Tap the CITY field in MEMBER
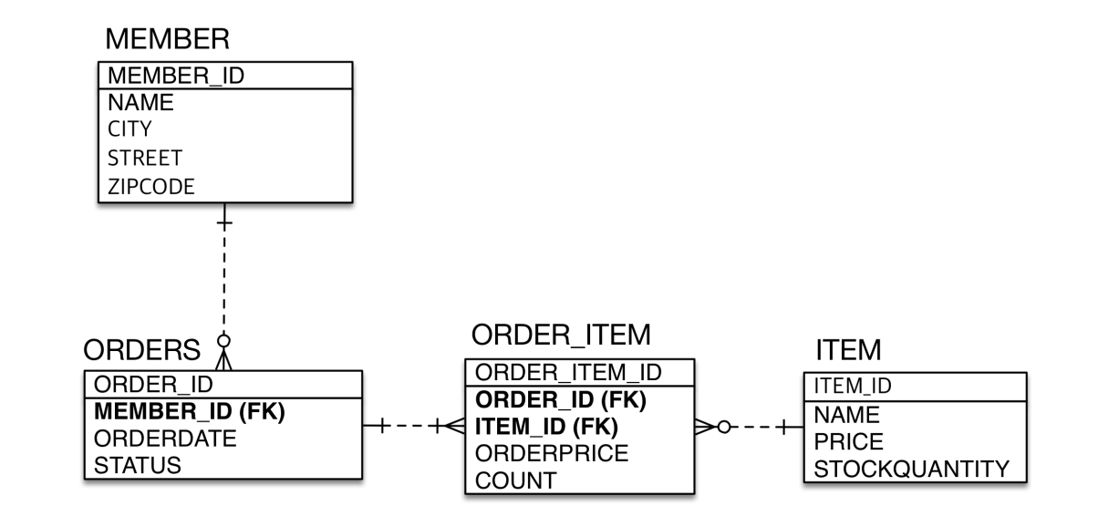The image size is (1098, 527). point(129,129)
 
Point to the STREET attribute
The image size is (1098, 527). point(144,157)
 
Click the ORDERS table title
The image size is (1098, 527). point(142,350)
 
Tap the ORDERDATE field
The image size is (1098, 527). point(166,438)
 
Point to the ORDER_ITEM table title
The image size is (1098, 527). point(561,336)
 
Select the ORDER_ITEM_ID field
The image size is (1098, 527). point(569,372)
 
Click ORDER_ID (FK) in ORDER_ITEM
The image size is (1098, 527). point(562,398)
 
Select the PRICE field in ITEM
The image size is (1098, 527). point(847,442)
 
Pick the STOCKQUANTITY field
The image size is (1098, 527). point(911,469)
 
